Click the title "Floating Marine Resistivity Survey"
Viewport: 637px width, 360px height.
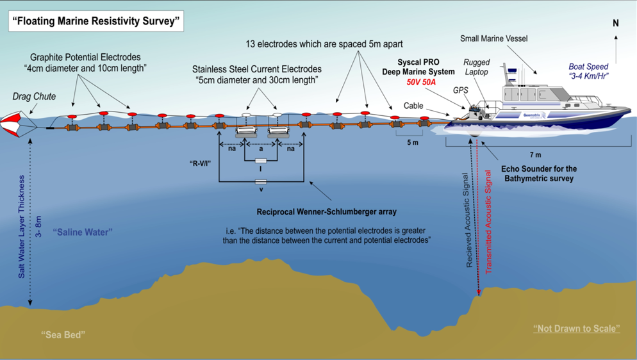click(x=96, y=21)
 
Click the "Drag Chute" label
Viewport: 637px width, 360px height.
click(x=34, y=97)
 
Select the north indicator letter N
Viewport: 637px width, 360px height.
click(x=616, y=23)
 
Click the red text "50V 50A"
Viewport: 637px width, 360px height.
click(x=421, y=82)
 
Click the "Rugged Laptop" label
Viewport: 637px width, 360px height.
click(x=476, y=67)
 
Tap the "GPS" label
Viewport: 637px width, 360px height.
click(x=460, y=90)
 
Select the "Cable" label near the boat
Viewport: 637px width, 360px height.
click(x=413, y=106)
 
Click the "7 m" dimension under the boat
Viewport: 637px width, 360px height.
click(x=536, y=154)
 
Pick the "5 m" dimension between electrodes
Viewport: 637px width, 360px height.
click(x=412, y=142)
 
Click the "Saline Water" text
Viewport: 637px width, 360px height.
click(x=83, y=232)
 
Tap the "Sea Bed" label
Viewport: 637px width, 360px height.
click(x=63, y=334)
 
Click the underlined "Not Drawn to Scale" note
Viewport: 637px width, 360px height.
click(x=576, y=329)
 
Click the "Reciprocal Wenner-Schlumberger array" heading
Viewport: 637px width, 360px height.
click(x=326, y=212)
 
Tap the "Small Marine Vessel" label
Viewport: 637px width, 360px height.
click(x=493, y=38)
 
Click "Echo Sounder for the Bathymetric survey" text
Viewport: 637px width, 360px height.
click(x=540, y=174)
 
